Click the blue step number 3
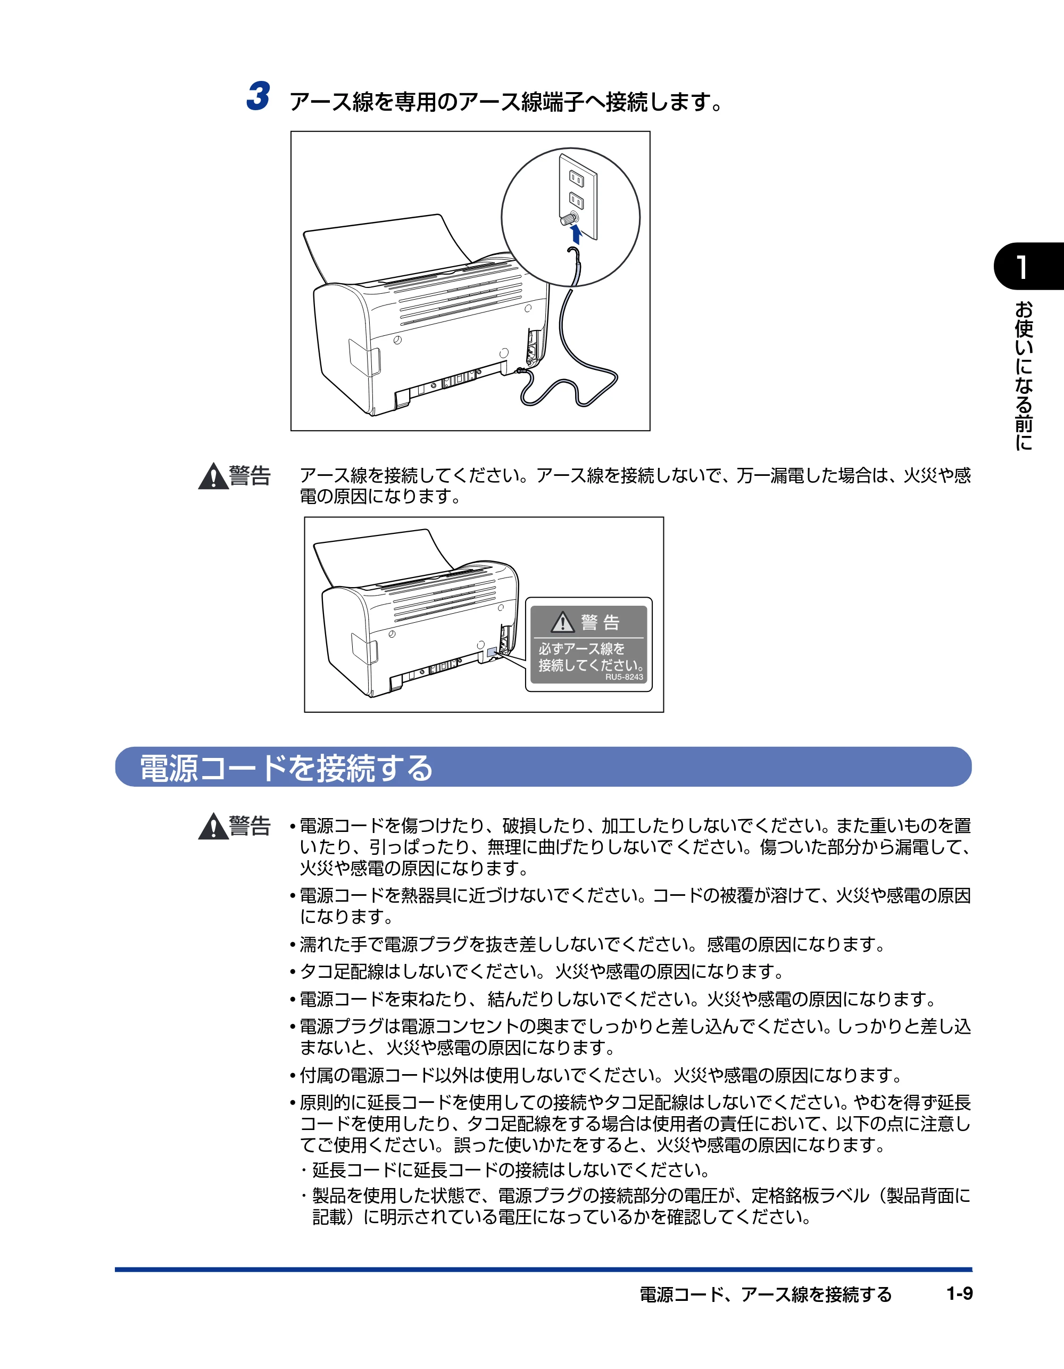click(x=258, y=96)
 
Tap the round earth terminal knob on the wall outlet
click(x=569, y=219)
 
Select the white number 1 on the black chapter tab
click(x=1022, y=267)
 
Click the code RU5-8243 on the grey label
click(x=624, y=677)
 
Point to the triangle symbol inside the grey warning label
click(x=563, y=622)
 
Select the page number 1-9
click(x=959, y=1293)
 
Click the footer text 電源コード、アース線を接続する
click(x=765, y=1294)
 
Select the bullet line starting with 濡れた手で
click(x=587, y=944)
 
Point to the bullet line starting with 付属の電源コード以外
click(x=595, y=1076)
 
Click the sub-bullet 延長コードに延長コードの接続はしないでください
click(x=505, y=1170)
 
